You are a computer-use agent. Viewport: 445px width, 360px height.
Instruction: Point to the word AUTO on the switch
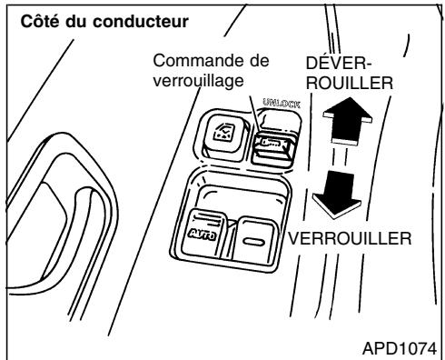204,233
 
